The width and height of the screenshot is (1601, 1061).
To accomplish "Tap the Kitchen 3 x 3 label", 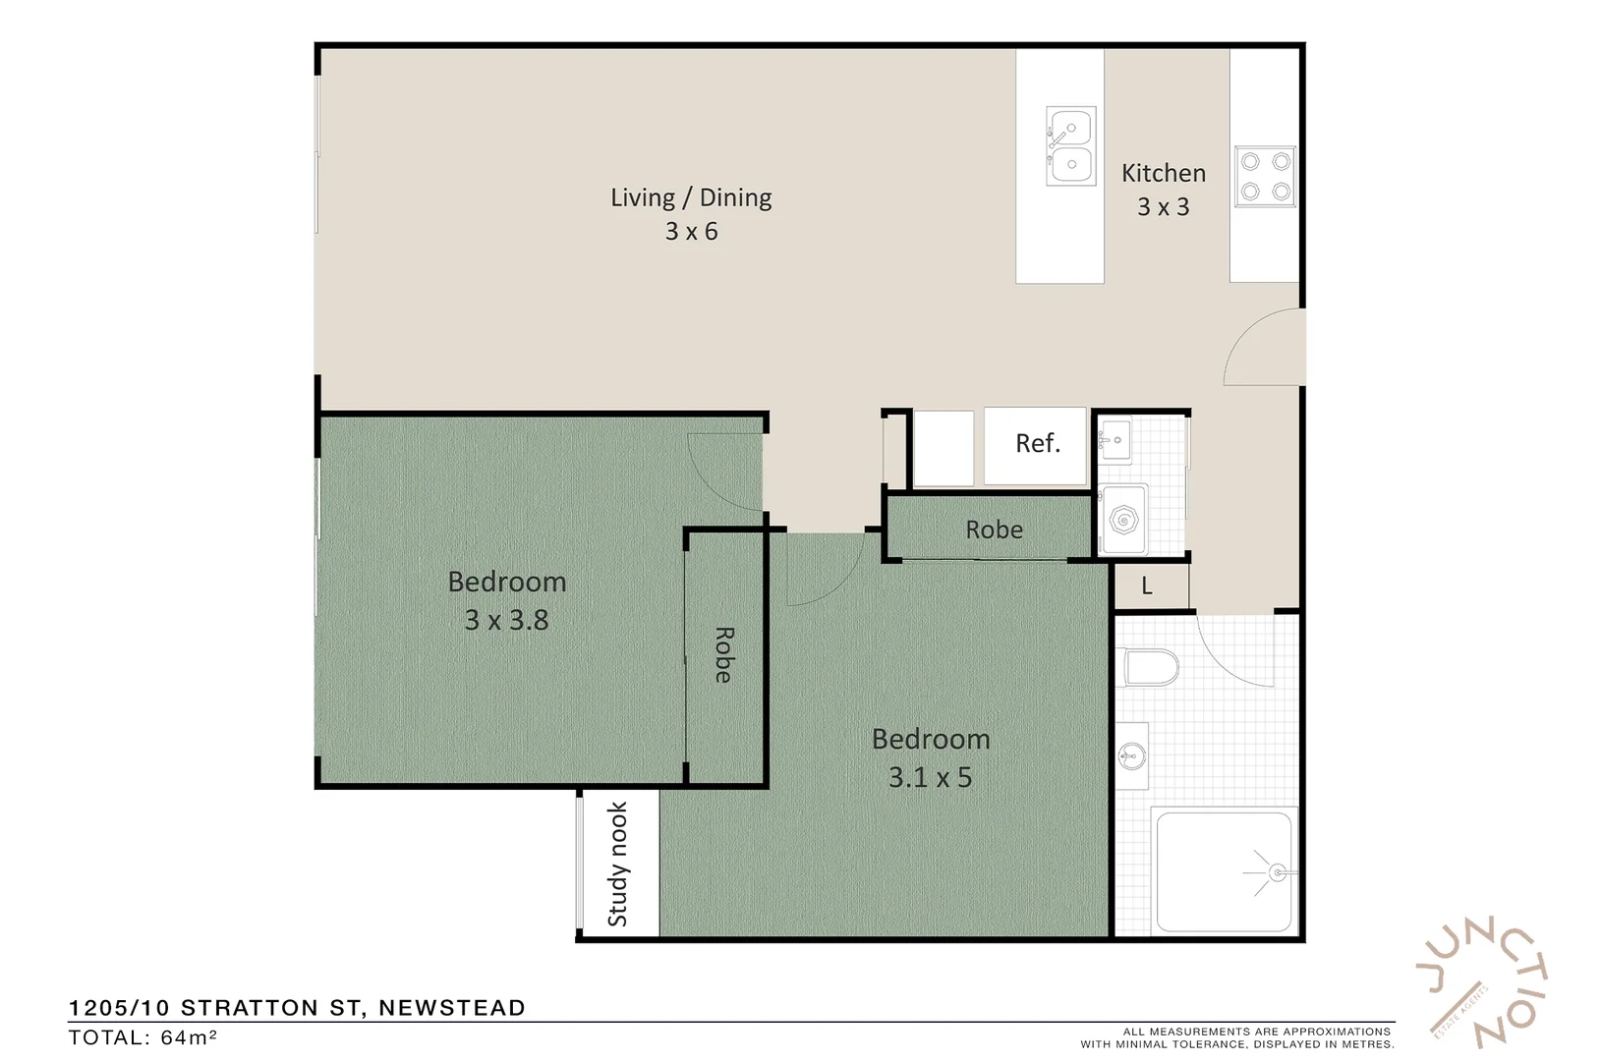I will point(1163,189).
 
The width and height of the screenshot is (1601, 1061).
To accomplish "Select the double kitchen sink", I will point(1070,146).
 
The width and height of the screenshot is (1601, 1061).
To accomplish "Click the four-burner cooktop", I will point(1265,176).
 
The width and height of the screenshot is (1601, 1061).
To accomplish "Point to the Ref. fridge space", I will point(1037,444).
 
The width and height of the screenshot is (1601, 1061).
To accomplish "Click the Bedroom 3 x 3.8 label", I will point(506,600).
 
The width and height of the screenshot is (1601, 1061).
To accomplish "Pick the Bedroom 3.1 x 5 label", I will point(930,757).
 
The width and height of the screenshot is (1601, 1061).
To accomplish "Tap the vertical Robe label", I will point(723,655).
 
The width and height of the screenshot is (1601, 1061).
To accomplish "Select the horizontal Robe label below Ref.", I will point(994,530).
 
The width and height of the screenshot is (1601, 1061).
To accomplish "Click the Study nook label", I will point(617,865).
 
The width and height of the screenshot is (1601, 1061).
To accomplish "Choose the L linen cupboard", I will point(1147,586).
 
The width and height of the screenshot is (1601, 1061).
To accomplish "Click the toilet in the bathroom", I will point(1150,668).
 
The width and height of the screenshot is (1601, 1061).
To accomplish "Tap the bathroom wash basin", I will point(1132,755).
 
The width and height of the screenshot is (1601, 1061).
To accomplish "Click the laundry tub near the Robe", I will point(1123,519).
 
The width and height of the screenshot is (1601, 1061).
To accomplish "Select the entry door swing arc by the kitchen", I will point(1263,346).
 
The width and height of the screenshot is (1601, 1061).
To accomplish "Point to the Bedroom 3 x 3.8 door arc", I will point(725,472).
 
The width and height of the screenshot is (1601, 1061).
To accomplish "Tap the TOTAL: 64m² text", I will point(143,1037).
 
